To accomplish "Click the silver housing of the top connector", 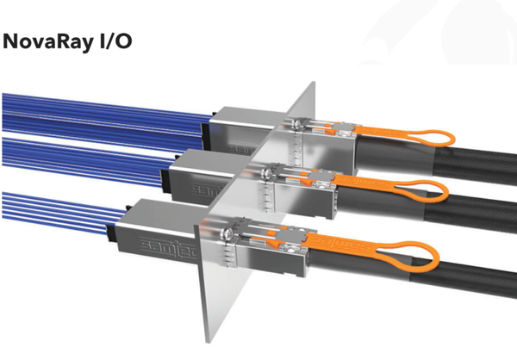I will click(241, 129).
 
